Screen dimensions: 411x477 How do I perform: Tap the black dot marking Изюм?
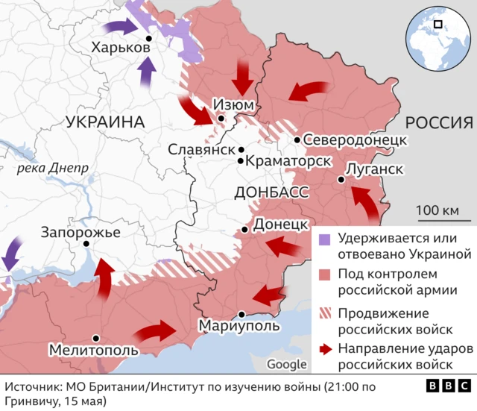tap(221, 118)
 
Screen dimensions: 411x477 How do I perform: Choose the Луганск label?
tap(376, 169)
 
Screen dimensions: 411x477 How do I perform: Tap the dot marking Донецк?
tap(245, 230)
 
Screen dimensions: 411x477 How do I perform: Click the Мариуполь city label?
tap(239, 326)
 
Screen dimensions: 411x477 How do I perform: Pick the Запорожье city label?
tap(80, 232)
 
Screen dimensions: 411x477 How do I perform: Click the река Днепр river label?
tap(51, 168)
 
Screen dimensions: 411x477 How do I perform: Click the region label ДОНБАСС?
tap(271, 192)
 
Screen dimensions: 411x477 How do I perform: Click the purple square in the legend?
tap(324, 239)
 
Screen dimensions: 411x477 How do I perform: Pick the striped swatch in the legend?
tap(324, 313)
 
